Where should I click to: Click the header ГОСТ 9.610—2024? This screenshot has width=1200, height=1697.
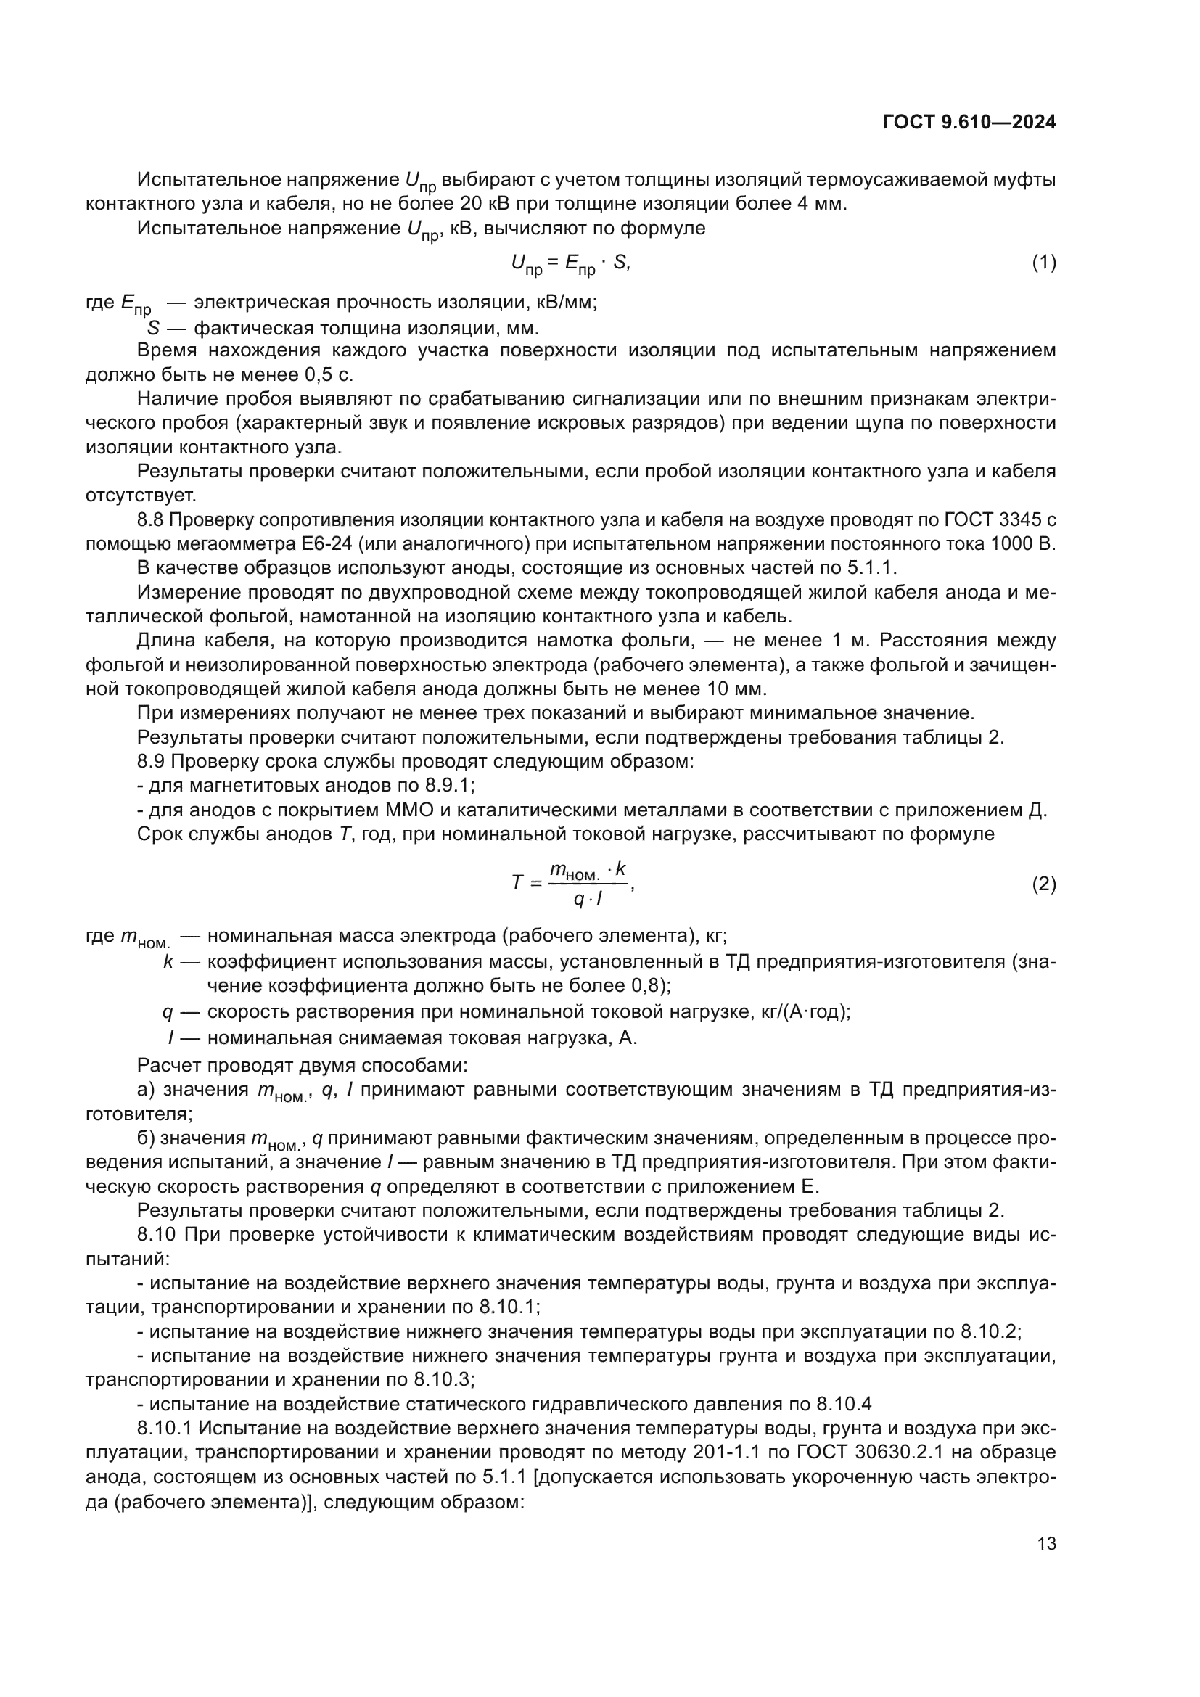(969, 123)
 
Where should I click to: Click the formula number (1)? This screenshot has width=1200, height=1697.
(1043, 263)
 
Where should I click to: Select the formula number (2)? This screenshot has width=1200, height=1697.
(1043, 884)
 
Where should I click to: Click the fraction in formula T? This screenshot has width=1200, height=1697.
(588, 884)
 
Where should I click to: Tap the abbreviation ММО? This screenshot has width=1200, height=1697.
(410, 810)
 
